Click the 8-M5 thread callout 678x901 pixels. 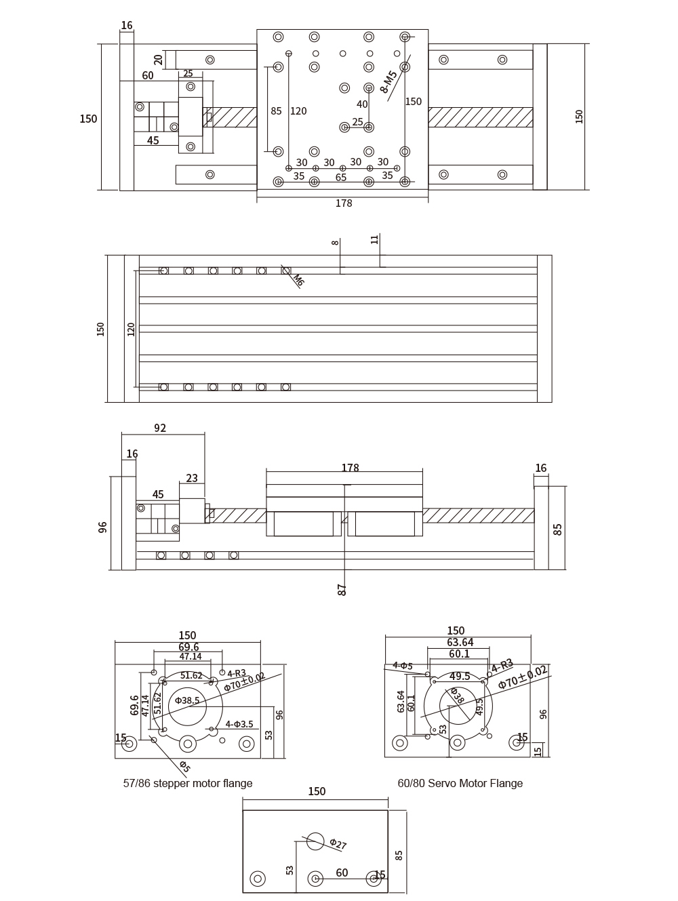click(388, 81)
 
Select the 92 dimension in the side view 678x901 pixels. click(160, 428)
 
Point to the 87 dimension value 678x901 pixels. click(342, 590)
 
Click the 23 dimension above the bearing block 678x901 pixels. click(192, 478)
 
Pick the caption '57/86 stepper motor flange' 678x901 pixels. click(188, 784)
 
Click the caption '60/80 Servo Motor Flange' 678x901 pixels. click(460, 784)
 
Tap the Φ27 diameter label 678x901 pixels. click(338, 845)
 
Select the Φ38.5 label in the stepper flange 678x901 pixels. click(187, 700)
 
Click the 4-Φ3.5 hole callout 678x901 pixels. click(239, 724)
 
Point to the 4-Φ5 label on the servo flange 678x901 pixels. click(403, 666)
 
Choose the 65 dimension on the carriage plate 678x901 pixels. click(341, 177)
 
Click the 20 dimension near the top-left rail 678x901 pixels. click(158, 60)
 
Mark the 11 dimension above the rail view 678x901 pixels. click(375, 239)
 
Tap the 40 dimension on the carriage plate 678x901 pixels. click(362, 104)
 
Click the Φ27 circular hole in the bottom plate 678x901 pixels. click(315, 841)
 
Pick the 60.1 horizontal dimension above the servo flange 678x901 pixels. click(459, 654)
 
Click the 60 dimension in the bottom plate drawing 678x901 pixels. click(342, 873)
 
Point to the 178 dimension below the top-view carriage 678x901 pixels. click(344, 203)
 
